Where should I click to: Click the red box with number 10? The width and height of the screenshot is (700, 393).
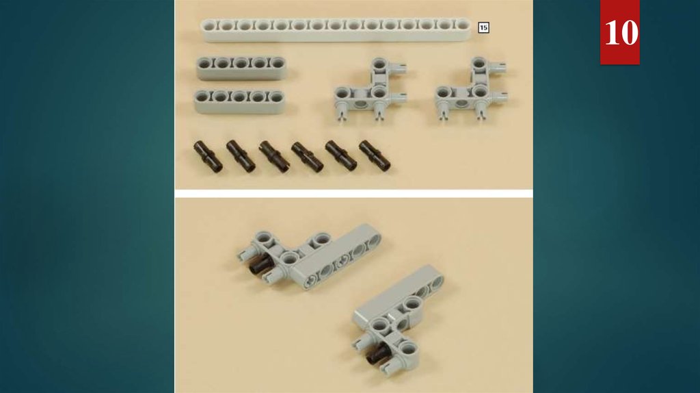[x=619, y=32]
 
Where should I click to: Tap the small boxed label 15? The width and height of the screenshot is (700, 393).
[x=483, y=27]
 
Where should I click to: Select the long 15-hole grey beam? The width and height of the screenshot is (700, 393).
[x=336, y=29]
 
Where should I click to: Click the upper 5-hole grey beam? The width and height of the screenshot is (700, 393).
[x=241, y=68]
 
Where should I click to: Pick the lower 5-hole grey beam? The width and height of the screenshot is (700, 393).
[x=239, y=101]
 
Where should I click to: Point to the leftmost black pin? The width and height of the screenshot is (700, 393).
[x=208, y=157]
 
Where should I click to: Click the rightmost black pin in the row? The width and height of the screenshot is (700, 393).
[x=375, y=155]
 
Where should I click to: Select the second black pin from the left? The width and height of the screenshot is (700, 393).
[x=241, y=156]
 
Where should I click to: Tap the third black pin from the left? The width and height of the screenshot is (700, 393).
[x=274, y=157]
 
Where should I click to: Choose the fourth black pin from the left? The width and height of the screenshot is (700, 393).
[x=307, y=157]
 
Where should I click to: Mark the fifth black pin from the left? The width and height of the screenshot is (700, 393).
[x=341, y=155]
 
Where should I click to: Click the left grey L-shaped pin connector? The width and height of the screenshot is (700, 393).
[x=370, y=89]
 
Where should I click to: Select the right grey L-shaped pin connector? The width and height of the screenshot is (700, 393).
[x=470, y=89]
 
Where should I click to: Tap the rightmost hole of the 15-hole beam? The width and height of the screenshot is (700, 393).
[x=462, y=25]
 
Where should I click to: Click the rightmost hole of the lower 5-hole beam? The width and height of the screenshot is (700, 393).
[x=276, y=96]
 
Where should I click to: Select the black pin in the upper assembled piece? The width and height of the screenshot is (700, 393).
[x=260, y=265]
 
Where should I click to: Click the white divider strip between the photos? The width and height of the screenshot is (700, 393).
[x=353, y=194]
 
